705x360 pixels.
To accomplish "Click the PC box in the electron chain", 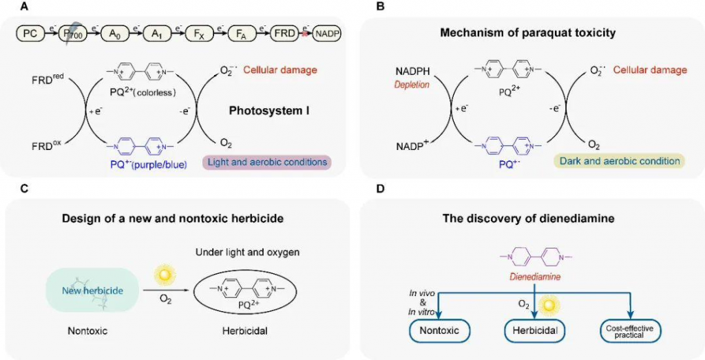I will click(x=31, y=32).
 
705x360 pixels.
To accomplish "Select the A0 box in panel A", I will click(x=114, y=32).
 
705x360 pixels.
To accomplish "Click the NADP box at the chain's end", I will click(x=327, y=32).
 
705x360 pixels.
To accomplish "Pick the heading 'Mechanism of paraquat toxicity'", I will click(x=529, y=34).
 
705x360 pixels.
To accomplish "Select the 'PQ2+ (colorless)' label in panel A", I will click(x=155, y=92).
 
